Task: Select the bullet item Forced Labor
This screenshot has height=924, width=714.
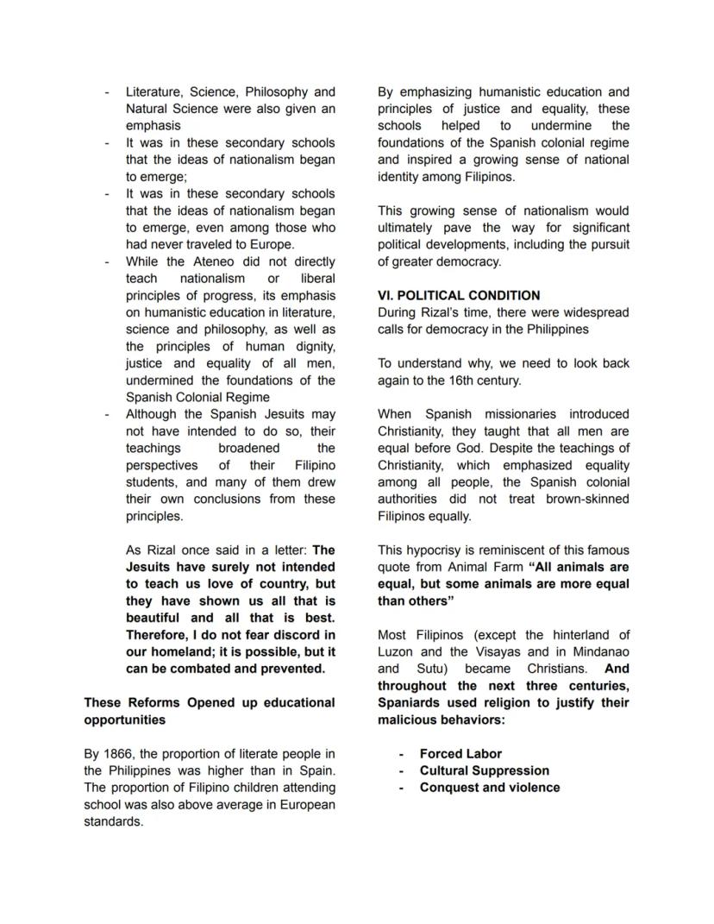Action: [460, 753]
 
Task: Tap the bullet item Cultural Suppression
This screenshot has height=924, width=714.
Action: [484, 770]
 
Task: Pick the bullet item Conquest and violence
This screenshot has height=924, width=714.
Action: [489, 788]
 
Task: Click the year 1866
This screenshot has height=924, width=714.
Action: [117, 754]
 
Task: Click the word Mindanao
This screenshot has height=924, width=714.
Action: [597, 652]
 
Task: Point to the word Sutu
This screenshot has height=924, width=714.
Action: [431, 669]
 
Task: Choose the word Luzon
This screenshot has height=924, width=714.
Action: [396, 652]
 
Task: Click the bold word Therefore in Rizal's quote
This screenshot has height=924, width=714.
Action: [156, 635]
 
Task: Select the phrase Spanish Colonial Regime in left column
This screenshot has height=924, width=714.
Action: [185, 398]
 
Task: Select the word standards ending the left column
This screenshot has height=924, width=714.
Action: [113, 821]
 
